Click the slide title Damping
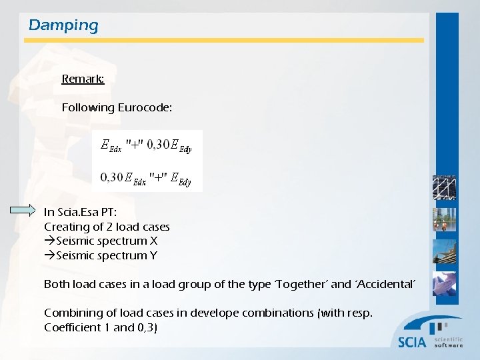[x=63, y=25]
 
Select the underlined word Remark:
[x=83, y=79]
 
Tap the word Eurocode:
[x=145, y=107]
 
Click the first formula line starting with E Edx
[x=145, y=145]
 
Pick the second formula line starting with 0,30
[x=145, y=177]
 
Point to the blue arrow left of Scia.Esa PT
[x=24, y=211]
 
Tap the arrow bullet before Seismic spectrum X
[x=50, y=241]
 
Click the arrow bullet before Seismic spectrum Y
[x=50, y=255]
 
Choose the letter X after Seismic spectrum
[x=153, y=241]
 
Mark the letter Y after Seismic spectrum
[x=153, y=255]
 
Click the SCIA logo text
[x=412, y=342]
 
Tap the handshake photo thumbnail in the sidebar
[x=445, y=284]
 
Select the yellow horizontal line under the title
[x=224, y=40]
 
